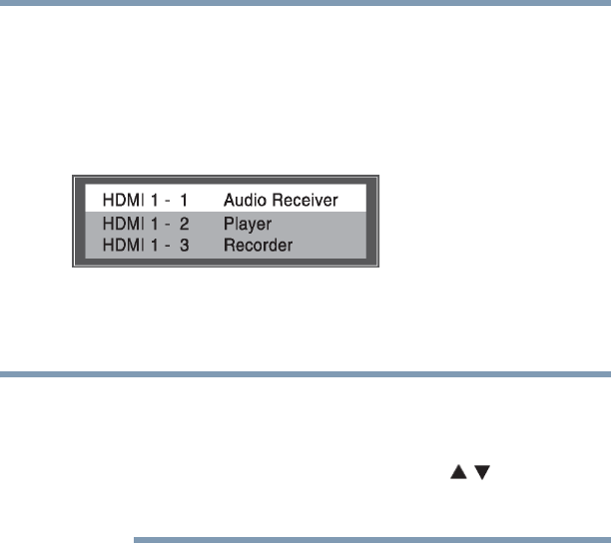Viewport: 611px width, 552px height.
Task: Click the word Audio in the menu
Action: coord(243,199)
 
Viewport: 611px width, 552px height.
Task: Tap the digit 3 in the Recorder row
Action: coord(186,245)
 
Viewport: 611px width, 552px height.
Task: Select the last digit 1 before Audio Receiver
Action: coord(186,199)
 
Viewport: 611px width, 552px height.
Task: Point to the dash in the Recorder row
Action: coord(168,245)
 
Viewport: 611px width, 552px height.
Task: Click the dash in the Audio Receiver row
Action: coord(168,199)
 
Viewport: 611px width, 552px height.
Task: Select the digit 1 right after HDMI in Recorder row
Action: coord(152,245)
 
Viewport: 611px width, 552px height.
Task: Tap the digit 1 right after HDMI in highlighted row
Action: coord(152,199)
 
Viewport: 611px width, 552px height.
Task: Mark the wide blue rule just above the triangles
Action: coord(305,375)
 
